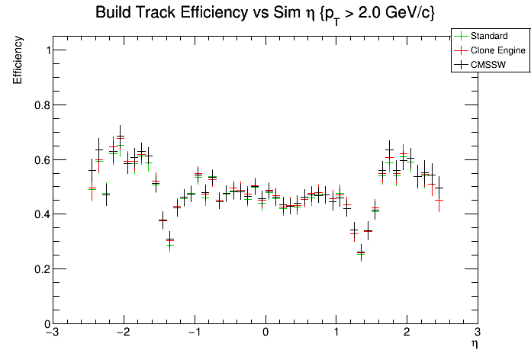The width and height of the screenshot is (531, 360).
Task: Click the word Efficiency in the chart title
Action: tap(210, 13)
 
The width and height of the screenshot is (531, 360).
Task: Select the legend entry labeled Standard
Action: tap(489, 35)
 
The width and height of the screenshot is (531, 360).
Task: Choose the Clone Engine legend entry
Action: tap(497, 50)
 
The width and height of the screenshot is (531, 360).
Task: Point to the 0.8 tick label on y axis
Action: tap(39, 104)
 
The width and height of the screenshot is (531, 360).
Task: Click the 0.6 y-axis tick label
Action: tap(39, 159)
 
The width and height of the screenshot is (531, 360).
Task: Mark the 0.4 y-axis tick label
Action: tap(39, 214)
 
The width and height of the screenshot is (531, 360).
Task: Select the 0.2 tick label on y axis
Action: tap(39, 269)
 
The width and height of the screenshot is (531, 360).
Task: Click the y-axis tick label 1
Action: tap(44, 50)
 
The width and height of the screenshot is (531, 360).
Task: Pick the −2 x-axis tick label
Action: tap(123, 333)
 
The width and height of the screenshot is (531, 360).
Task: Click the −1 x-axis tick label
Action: tap(194, 333)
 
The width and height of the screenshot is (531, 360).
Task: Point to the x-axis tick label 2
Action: tap(407, 333)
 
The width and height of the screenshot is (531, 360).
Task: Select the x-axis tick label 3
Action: tap(477, 333)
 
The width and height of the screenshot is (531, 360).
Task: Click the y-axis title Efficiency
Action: tap(18, 61)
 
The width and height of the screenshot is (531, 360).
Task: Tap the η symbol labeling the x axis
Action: tap(474, 345)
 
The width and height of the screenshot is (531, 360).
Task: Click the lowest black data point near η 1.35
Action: tap(361, 252)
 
